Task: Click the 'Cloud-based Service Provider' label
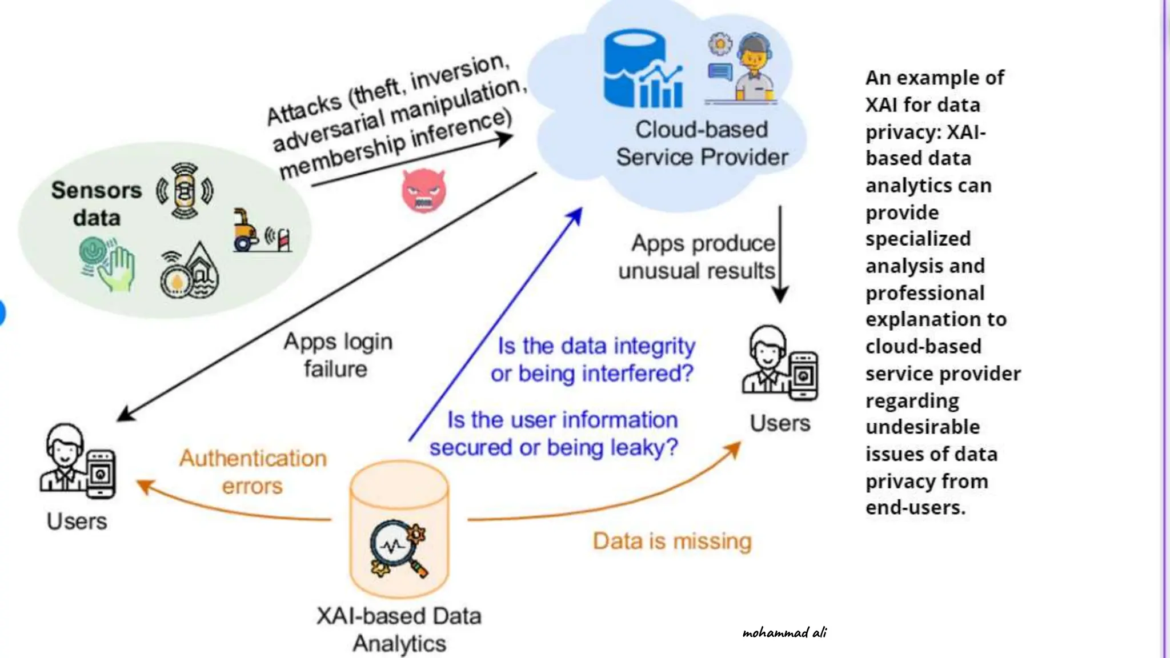pos(702,143)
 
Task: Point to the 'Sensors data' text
pos(96,204)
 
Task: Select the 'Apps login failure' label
pos(338,355)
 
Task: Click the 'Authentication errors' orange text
pos(253,472)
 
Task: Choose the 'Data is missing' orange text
pos(672,540)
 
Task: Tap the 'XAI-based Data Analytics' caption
pos(399,629)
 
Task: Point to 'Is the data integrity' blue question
pos(596,346)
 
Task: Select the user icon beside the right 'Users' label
pos(779,363)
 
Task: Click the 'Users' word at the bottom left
pos(77,521)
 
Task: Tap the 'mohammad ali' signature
pos(784,632)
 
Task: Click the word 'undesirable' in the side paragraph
pos(922,427)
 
